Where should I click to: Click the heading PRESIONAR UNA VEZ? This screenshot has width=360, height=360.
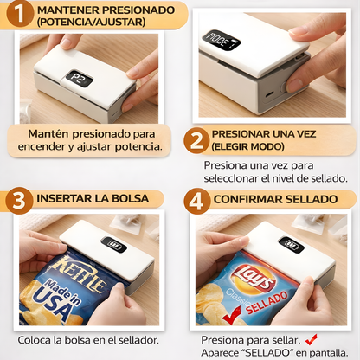click(x=276, y=134)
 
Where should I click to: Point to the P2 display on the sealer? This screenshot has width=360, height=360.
click(x=77, y=79)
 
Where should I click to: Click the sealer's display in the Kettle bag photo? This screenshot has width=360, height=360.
click(x=113, y=245)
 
